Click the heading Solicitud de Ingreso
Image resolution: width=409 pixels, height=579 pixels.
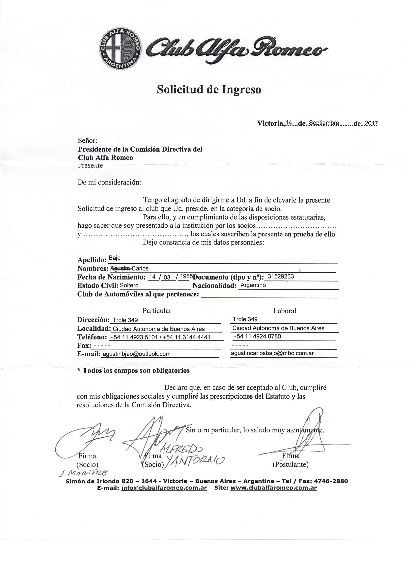pos(209,89)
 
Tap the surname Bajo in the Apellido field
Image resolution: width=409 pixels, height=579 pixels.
pos(115,258)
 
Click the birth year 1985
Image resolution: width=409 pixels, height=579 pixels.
pos(187,276)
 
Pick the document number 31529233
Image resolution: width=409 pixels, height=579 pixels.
pos(281,276)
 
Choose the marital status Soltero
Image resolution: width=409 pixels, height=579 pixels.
pos(129,285)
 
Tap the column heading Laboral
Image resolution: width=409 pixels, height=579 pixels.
pos(284,311)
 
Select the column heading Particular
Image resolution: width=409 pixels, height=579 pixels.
pos(157,311)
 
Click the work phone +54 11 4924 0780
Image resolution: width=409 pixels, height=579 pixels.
pos(257,336)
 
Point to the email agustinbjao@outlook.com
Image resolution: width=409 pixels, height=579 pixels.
pos(137,354)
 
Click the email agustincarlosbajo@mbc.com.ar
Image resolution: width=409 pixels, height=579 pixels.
pos(272,353)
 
